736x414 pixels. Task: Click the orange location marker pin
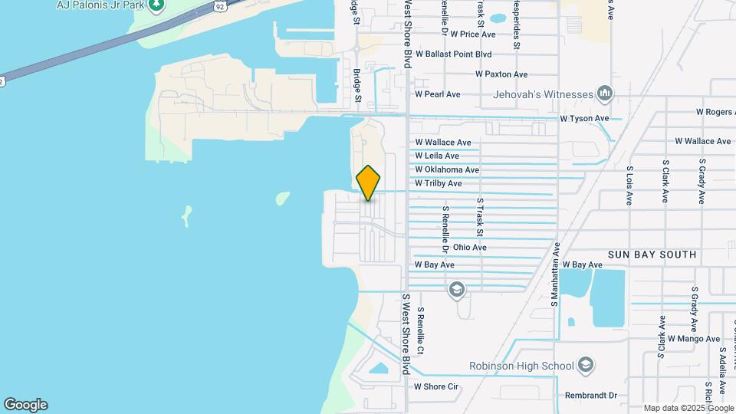point(369,183)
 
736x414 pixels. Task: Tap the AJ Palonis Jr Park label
point(100,5)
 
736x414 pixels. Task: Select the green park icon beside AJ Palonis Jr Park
point(157,5)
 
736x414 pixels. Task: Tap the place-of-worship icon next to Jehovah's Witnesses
point(605,94)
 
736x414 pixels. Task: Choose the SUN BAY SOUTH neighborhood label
point(652,255)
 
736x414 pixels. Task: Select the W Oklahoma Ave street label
point(447,170)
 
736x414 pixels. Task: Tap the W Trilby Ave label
point(438,184)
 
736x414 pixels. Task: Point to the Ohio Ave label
point(469,248)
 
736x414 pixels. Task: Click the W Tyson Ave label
point(584,119)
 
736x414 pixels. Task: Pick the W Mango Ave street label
point(693,338)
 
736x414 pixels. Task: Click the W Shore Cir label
point(435,386)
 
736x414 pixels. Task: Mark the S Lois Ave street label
point(629,186)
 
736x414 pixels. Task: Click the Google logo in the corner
point(25,405)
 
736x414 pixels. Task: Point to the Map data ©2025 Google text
point(688,408)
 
